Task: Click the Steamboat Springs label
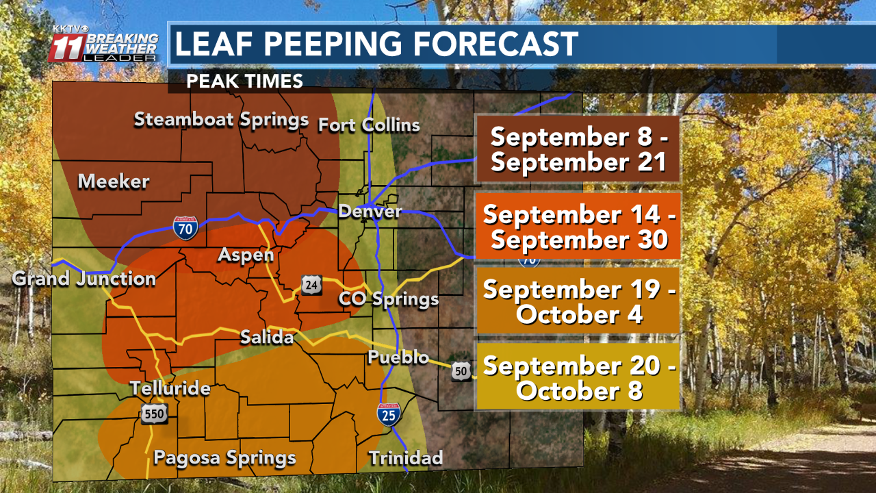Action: point(221,120)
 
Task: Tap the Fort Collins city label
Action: point(369,125)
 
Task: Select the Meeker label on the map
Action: point(114,181)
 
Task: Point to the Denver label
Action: point(370,211)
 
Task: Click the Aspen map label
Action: point(246,255)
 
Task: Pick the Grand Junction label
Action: point(84,279)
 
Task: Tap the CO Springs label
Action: point(388,299)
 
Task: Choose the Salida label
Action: point(267,337)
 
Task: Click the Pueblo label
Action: point(398,357)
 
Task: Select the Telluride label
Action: point(170,389)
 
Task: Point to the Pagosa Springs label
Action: point(224,457)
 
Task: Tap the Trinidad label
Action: point(406,457)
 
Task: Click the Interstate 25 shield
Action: point(387,415)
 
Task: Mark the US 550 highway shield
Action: point(155,413)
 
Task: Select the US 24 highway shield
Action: point(311,285)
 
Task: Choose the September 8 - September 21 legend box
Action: point(578,149)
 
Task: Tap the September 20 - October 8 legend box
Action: point(578,379)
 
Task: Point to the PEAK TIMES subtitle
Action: point(244,81)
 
